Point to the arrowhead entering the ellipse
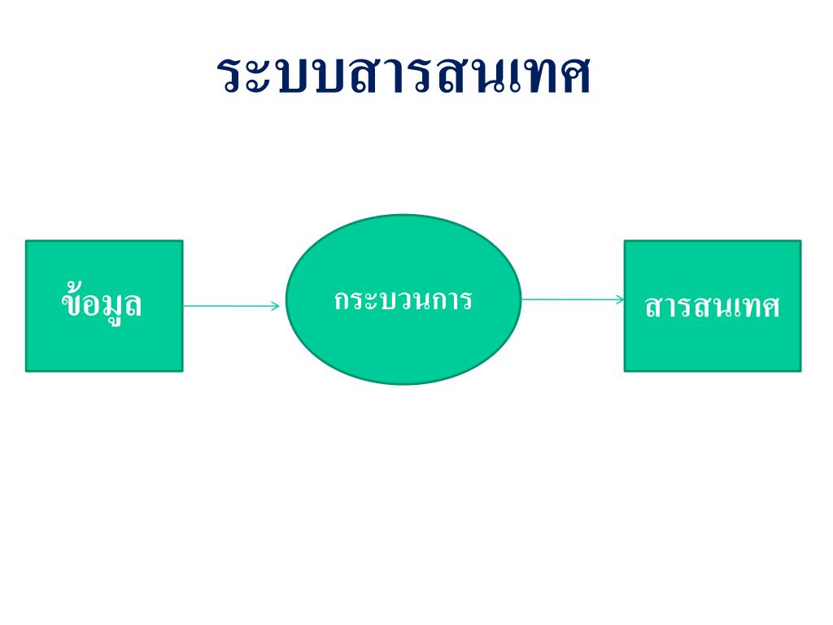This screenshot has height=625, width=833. [276, 306]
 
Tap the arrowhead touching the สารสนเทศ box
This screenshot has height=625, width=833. [620, 299]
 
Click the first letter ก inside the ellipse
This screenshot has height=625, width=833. [342, 299]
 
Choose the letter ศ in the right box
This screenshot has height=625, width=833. [769, 308]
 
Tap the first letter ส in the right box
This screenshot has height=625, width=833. [654, 308]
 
